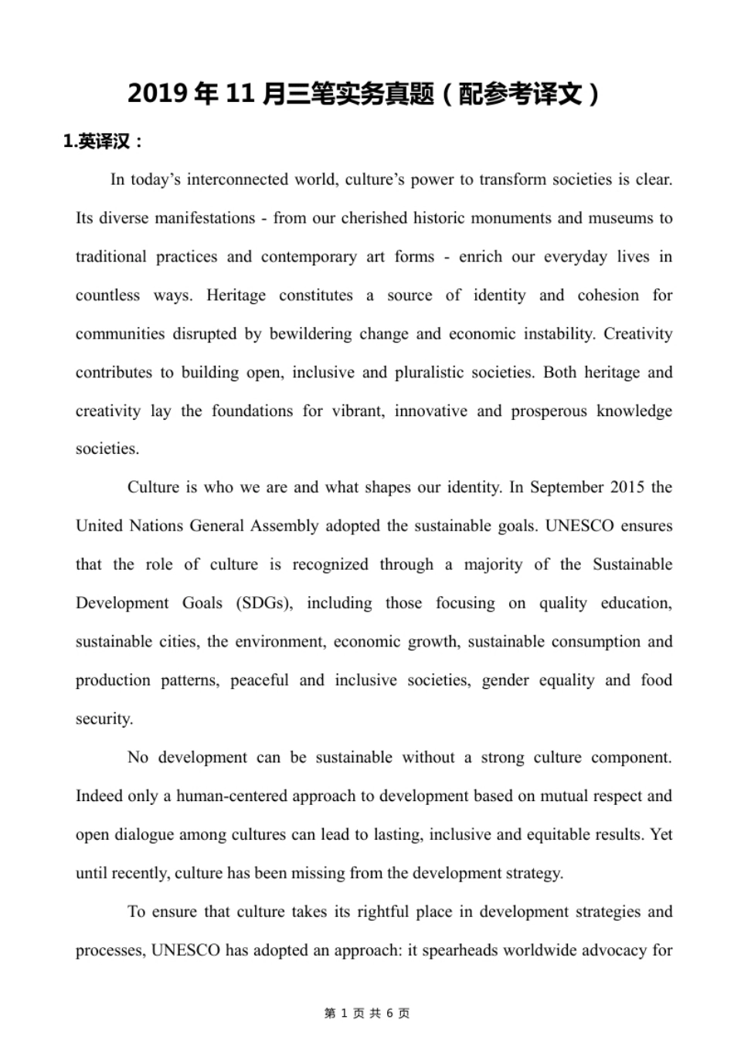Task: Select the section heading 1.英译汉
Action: [x=102, y=142]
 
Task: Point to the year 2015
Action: [x=627, y=487]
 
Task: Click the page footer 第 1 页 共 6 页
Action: [x=367, y=1013]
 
